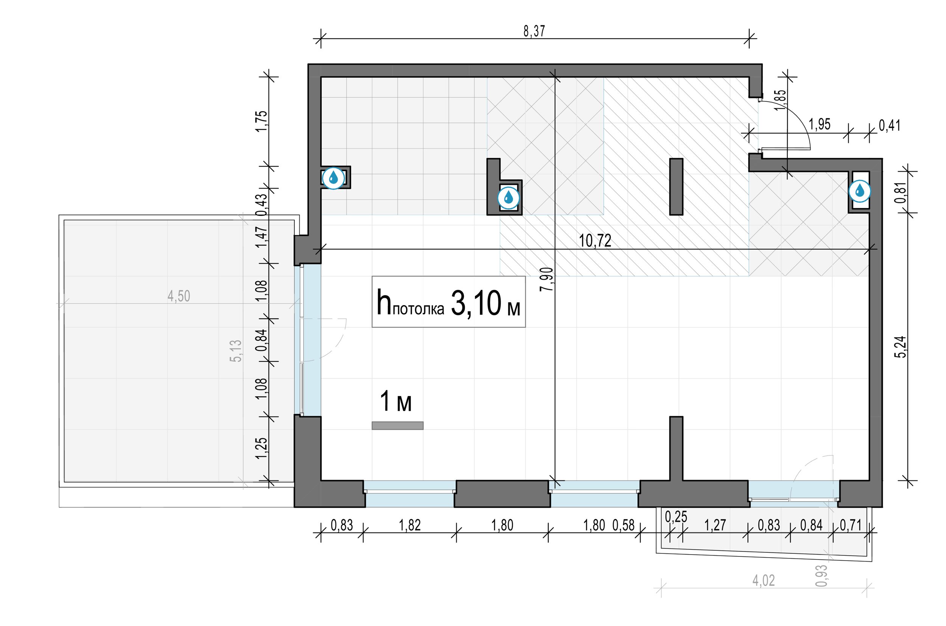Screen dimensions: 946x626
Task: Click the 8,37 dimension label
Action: point(534,31)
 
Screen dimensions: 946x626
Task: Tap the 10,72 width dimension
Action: point(595,241)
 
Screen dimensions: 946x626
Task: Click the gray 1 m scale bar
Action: point(397,426)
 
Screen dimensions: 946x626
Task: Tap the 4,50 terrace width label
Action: point(179,296)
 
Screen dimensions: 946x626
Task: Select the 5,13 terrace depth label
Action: point(236,351)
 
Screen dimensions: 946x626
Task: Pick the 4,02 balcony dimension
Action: point(764,581)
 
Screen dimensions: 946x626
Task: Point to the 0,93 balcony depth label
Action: point(821,575)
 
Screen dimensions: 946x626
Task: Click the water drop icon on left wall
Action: point(333,177)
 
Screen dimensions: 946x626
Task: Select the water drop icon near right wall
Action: point(860,191)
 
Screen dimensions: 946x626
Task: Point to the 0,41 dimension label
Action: point(889,126)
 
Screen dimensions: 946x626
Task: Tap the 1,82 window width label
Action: point(410,525)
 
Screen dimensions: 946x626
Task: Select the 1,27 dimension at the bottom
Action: point(715,525)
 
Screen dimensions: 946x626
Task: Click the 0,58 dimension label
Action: point(624,525)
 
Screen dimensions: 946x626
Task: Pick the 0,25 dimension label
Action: point(676,517)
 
